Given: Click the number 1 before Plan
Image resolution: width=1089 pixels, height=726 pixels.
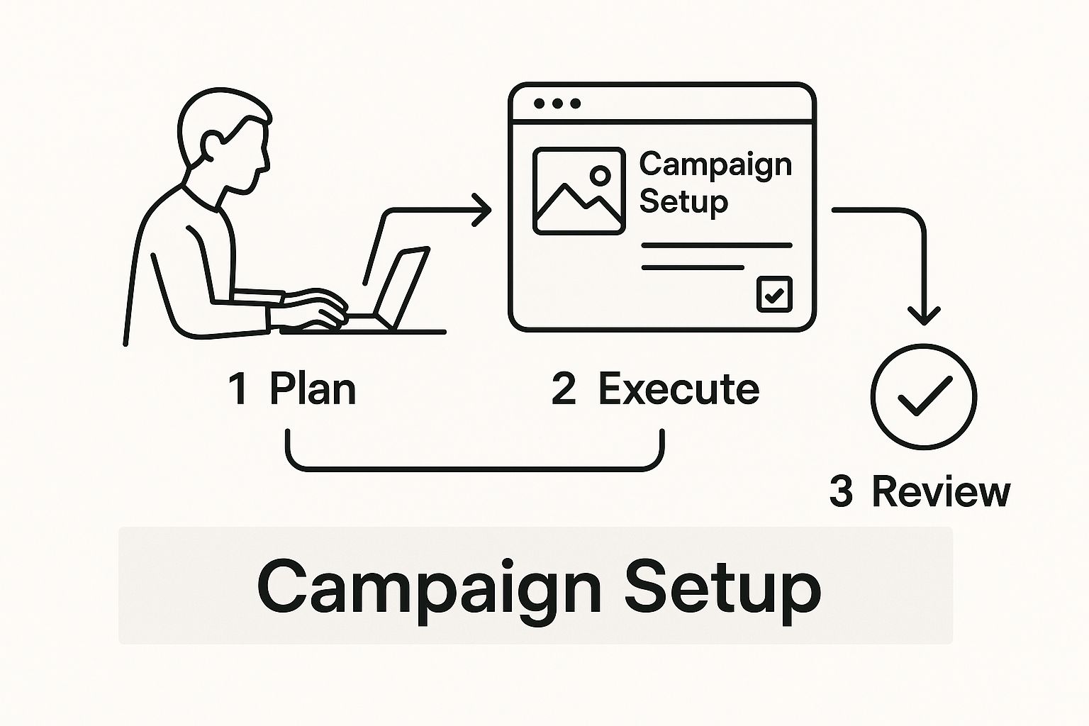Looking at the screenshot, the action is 238,389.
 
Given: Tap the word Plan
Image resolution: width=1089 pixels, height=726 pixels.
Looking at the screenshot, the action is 313,389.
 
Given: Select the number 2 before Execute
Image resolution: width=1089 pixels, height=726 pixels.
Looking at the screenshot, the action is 564,389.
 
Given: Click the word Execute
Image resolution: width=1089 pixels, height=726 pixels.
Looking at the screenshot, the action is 678,389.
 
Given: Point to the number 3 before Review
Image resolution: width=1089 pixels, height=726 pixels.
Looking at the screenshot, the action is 841,491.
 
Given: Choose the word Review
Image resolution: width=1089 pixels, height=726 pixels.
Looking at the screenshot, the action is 942,491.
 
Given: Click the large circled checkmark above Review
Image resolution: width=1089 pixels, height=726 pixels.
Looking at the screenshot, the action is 924,396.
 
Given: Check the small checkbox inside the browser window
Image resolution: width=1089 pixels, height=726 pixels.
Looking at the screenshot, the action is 774,294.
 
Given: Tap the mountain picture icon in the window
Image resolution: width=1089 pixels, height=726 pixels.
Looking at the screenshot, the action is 579,191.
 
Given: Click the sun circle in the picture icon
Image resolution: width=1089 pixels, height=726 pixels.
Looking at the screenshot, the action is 601,175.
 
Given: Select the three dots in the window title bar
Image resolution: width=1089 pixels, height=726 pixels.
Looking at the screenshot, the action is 557,103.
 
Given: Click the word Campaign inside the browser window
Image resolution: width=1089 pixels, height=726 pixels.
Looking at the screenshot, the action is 715,165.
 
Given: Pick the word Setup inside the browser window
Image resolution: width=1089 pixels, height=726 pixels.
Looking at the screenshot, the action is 683,202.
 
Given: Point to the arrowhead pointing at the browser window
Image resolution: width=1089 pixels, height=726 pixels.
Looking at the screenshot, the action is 483,210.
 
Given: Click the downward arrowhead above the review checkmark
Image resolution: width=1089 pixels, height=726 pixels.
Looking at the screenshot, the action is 924,316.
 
